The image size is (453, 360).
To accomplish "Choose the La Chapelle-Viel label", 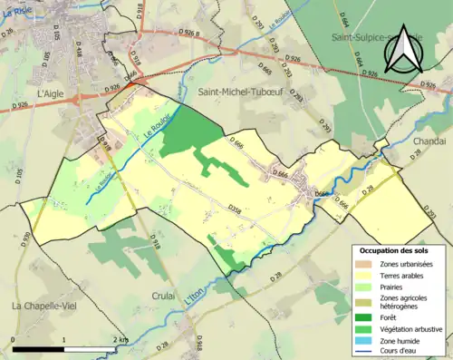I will click(42, 306).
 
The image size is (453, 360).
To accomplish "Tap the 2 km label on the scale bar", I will click(121, 340).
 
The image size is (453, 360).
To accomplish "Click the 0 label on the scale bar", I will click(14, 340).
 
